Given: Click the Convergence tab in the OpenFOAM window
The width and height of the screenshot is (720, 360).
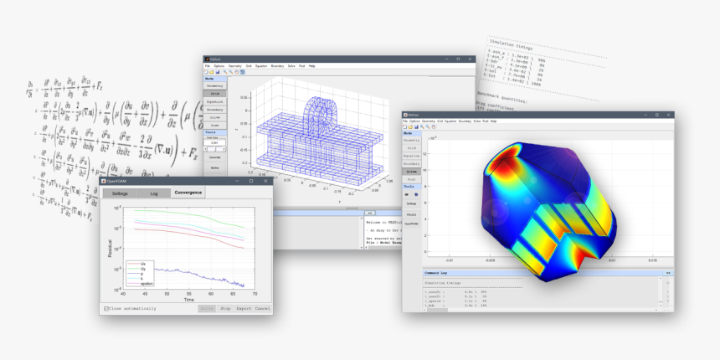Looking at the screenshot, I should click(188, 193).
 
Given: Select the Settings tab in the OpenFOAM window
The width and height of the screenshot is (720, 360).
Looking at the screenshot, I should click(121, 193).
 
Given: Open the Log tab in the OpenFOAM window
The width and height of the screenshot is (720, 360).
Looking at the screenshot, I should click(154, 193).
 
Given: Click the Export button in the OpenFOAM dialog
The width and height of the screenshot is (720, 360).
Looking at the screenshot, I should click(244, 308).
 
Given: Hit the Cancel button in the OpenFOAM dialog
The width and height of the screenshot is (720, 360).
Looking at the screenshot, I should click(263, 308).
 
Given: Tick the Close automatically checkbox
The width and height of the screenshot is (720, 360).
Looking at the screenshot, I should click(106, 308).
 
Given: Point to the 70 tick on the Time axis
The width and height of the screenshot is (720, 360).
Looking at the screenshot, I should click(255, 294).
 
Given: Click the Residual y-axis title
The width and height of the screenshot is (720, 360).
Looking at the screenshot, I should click(110, 246).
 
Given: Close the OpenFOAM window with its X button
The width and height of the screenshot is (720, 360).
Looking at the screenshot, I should click(265, 181).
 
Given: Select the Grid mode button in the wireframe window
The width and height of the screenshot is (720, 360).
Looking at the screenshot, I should click(214, 95).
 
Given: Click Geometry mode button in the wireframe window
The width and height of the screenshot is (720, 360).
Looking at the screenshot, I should click(214, 85).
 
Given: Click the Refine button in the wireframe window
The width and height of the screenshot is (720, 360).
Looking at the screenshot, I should click(214, 167).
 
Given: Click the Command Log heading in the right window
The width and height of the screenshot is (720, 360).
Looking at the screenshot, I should click(438, 273).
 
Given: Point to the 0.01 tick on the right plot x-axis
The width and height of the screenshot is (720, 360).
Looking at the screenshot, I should click(611, 260).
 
